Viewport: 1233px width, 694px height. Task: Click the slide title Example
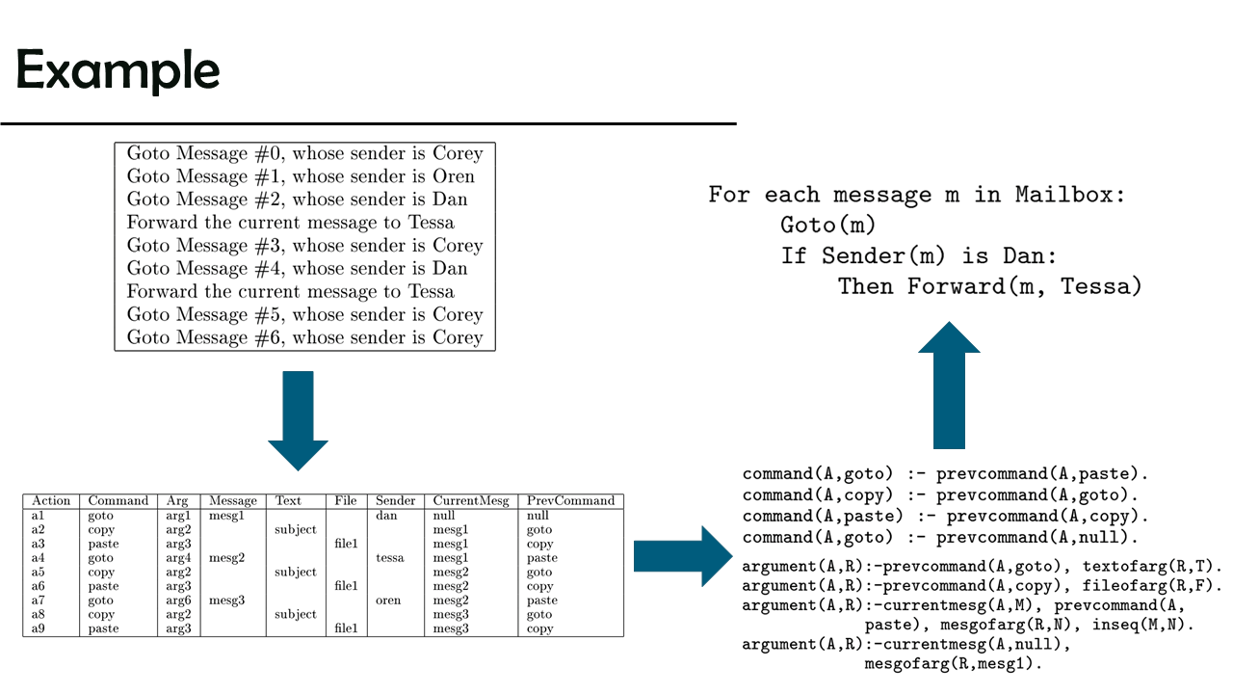(x=118, y=70)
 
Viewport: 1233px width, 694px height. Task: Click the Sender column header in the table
(x=395, y=501)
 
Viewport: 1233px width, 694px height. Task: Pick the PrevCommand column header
(x=570, y=501)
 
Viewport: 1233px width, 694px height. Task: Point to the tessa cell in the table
(x=390, y=558)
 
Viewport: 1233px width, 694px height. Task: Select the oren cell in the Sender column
(x=389, y=601)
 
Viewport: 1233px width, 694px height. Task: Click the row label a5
(x=39, y=573)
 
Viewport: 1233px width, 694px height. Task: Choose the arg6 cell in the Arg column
(x=178, y=601)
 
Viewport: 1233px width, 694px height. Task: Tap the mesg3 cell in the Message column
(x=226, y=601)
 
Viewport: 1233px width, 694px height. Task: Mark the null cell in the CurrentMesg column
(x=444, y=516)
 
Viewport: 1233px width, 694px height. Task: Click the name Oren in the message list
(x=454, y=176)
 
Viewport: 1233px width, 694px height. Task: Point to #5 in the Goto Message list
(x=270, y=315)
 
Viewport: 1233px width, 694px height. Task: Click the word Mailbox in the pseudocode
(x=1070, y=195)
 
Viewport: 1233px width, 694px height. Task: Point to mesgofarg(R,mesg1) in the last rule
(x=954, y=664)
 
